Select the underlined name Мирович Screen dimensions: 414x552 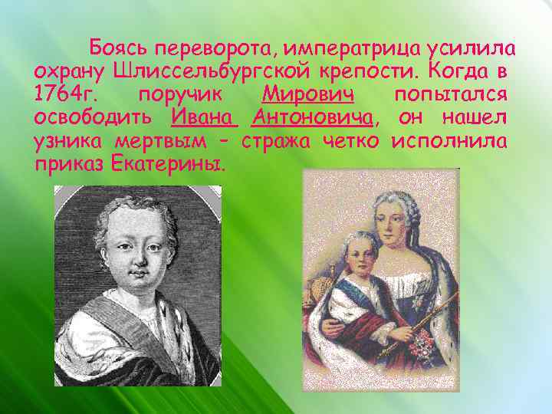(307, 95)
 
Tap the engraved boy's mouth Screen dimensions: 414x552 (137, 274)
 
